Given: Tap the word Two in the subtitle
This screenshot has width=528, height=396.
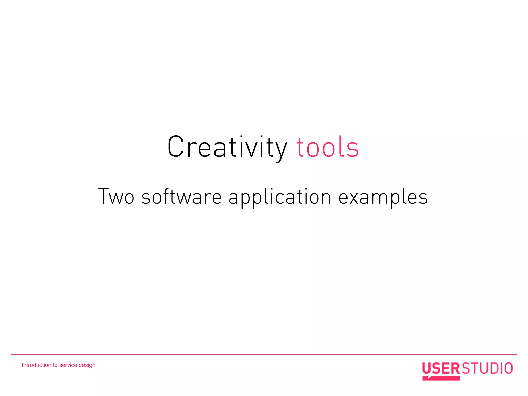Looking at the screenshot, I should pyautogui.click(x=116, y=196).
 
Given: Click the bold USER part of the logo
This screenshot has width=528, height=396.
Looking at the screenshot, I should pyautogui.click(x=441, y=368).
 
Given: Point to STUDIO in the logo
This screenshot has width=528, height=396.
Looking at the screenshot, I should pyautogui.click(x=487, y=368).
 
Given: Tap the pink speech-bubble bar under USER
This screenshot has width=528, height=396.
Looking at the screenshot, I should pyautogui.click(x=441, y=378).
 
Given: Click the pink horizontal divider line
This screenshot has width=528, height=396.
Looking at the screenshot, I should pyautogui.click(x=264, y=355).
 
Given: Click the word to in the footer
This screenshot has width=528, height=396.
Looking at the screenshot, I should pyautogui.click(x=55, y=365).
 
